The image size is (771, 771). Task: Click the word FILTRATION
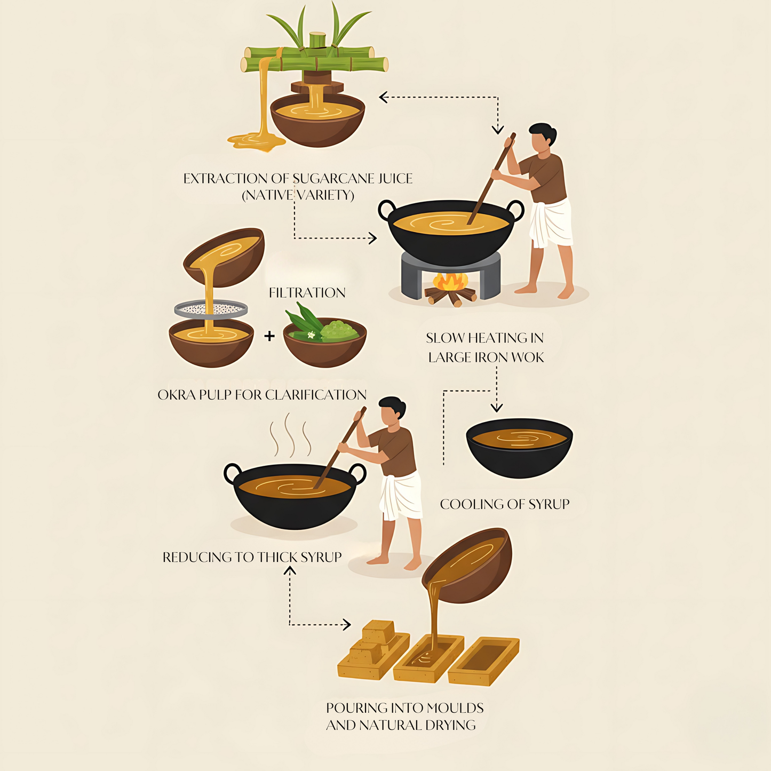pyautogui.click(x=307, y=293)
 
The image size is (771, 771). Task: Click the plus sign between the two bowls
pyautogui.click(x=269, y=336)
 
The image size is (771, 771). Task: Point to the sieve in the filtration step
pyautogui.click(x=211, y=309)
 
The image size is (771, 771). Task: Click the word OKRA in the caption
pyautogui.click(x=176, y=395)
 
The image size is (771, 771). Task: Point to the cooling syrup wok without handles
pyautogui.click(x=519, y=448)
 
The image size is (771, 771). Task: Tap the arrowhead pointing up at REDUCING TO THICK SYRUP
pyautogui.click(x=290, y=570)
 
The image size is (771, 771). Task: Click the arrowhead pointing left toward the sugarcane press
pyautogui.click(x=383, y=97)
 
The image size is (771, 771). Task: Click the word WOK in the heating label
pyautogui.click(x=527, y=357)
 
